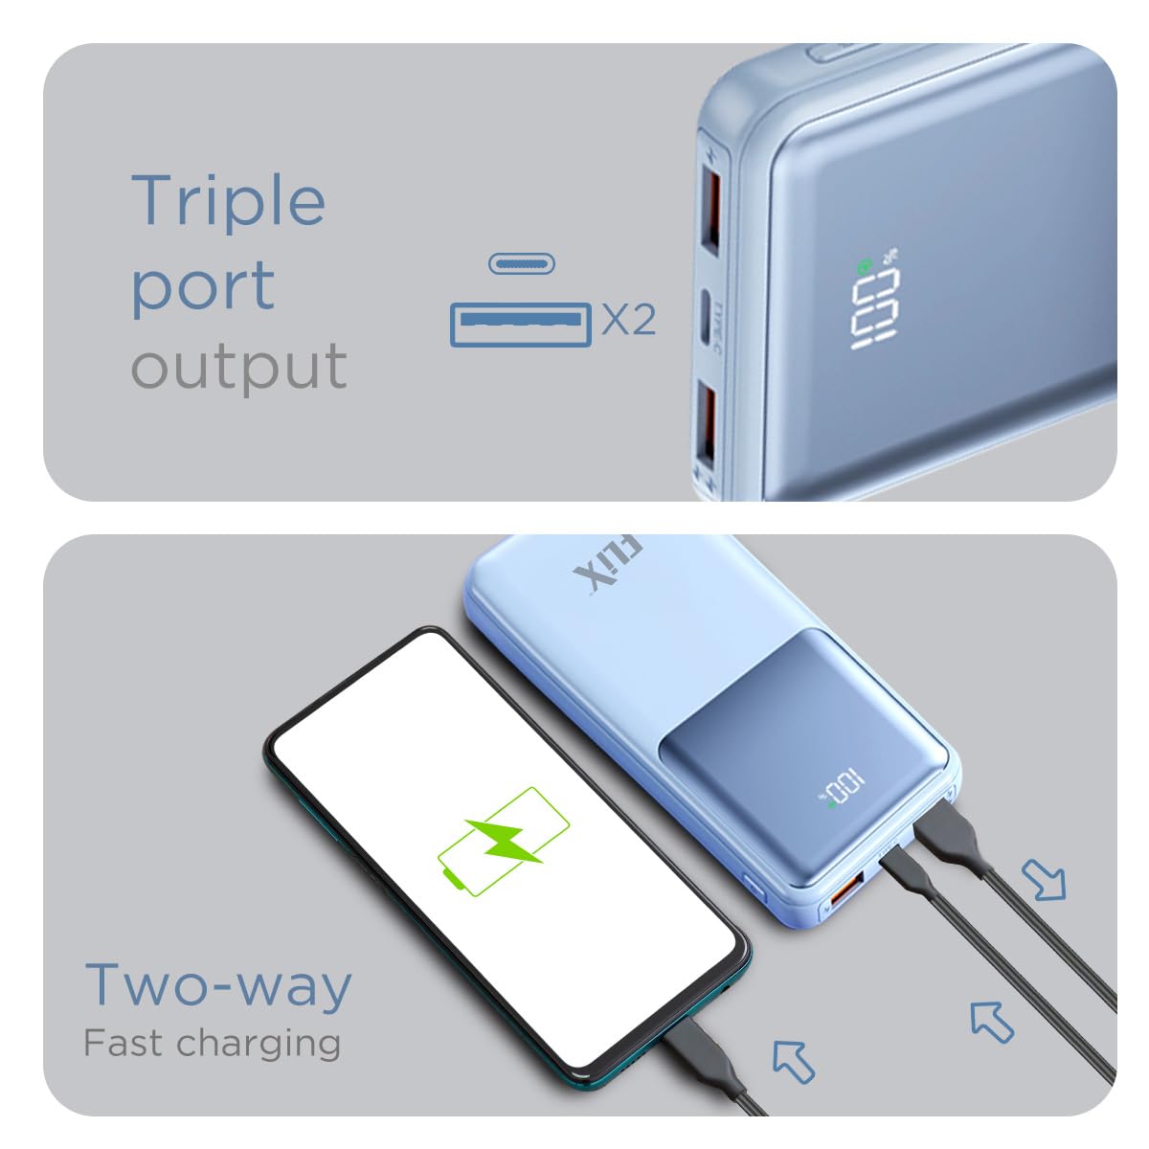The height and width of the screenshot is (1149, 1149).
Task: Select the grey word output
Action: (x=238, y=366)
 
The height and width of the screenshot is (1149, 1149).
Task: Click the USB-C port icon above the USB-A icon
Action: (x=522, y=263)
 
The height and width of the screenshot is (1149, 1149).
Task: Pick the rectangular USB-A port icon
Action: (x=521, y=325)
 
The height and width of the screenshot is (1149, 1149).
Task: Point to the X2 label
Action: (x=629, y=320)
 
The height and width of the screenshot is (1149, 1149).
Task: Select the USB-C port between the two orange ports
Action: (x=706, y=317)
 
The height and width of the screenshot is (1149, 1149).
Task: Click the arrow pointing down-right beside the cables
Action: (x=1044, y=880)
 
